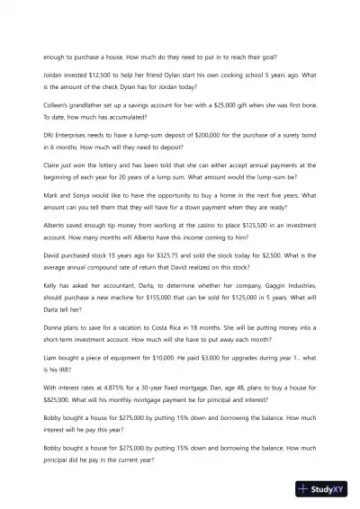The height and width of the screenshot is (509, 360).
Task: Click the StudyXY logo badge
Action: click(328, 490)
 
